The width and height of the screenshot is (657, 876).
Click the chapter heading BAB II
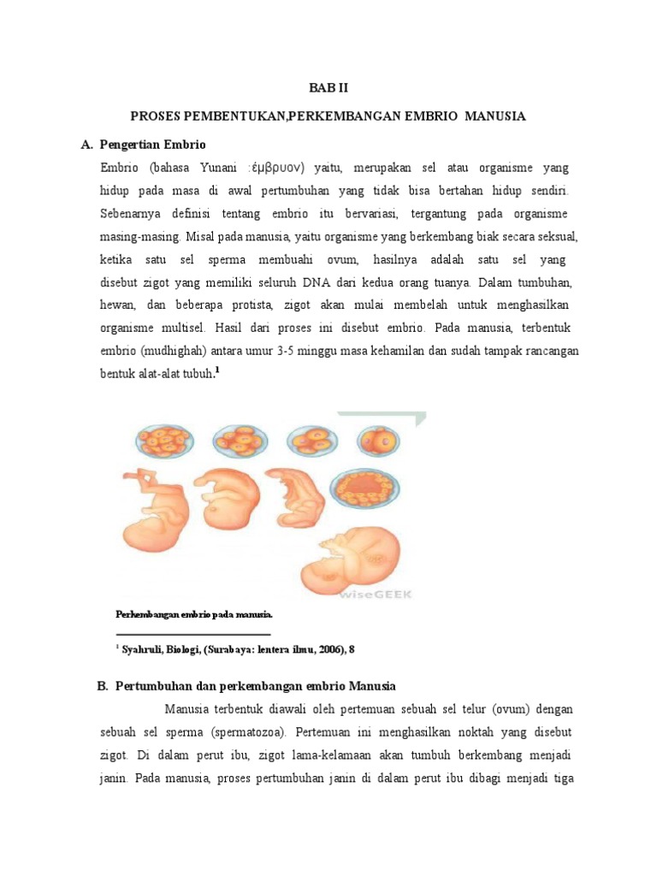(328, 87)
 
